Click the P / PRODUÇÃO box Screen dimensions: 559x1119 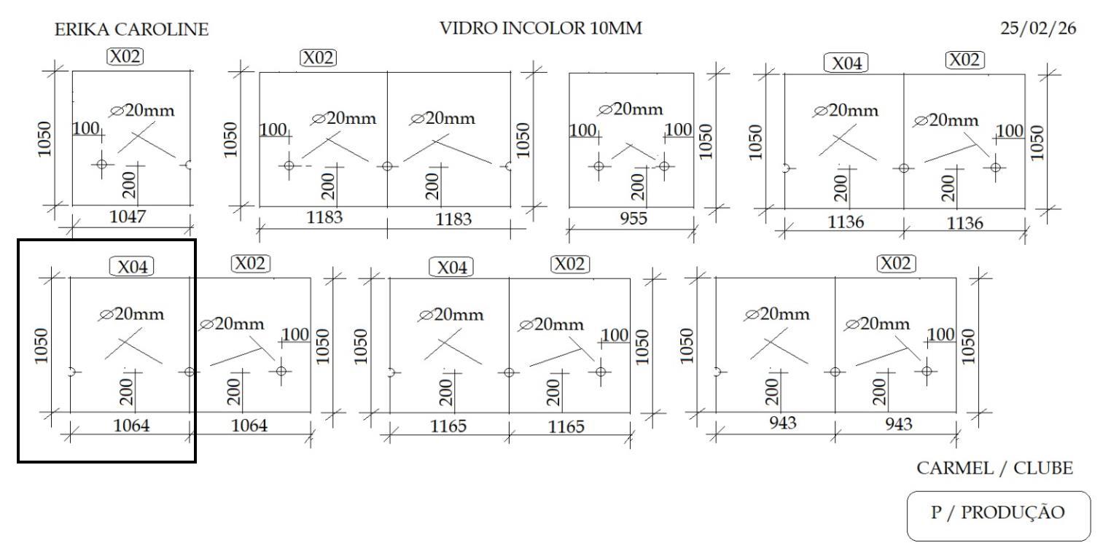pyautogui.click(x=998, y=513)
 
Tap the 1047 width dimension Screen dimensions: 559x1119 pyautogui.click(x=128, y=216)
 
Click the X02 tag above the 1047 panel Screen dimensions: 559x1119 pyautogui.click(x=125, y=56)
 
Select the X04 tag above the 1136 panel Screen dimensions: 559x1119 pyautogui.click(x=846, y=63)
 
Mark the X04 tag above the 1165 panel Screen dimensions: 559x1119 pyautogui.click(x=451, y=267)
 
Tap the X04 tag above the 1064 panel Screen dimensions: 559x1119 pyautogui.click(x=132, y=267)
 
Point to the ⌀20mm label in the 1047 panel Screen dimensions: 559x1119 pyautogui.click(x=143, y=111)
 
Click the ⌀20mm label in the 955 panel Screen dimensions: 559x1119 pyautogui.click(x=631, y=109)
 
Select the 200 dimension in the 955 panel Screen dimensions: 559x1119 pyautogui.click(x=638, y=186)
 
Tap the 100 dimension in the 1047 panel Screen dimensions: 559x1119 pyautogui.click(x=86, y=129)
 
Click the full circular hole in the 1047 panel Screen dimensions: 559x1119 pyautogui.click(x=101, y=164)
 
